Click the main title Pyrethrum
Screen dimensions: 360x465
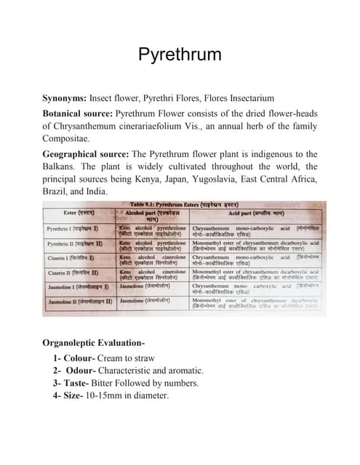[180, 55]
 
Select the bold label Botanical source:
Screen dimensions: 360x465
[79, 114]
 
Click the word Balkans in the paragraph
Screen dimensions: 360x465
[63, 167]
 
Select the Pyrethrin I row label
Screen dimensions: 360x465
[73, 229]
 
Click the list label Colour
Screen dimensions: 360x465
[85, 358]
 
